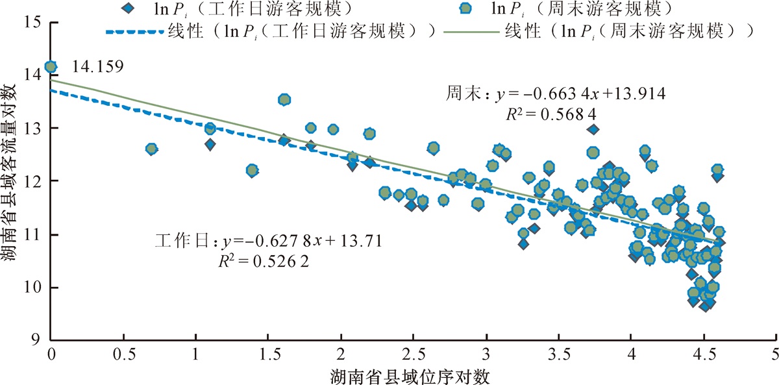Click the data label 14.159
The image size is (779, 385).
97,66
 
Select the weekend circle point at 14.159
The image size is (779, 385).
51,67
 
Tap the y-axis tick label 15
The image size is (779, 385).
32,22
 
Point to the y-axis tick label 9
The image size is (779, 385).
36,340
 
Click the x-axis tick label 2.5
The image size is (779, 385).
414,354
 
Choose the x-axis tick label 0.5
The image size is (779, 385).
124,354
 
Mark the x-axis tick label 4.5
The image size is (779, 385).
704,354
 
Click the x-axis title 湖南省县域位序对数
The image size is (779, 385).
410,377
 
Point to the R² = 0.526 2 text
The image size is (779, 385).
264,262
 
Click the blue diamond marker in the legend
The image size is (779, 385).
129,8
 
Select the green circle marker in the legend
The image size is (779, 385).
465,8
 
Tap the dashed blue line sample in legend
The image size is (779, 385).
134,32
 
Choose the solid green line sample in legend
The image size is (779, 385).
471,32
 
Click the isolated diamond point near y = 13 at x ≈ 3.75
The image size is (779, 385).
593,130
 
